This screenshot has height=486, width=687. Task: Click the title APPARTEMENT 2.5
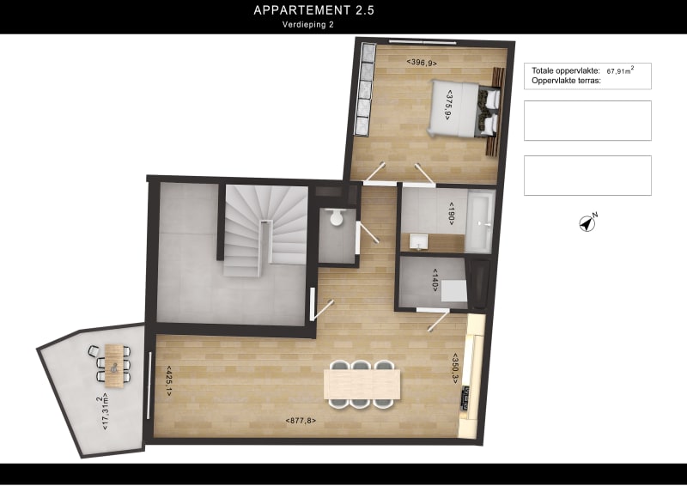313,10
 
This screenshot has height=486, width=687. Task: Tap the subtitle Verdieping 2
307,25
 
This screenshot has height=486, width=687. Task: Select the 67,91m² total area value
620,71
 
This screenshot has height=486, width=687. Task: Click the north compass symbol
587,223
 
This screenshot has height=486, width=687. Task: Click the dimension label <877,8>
301,421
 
